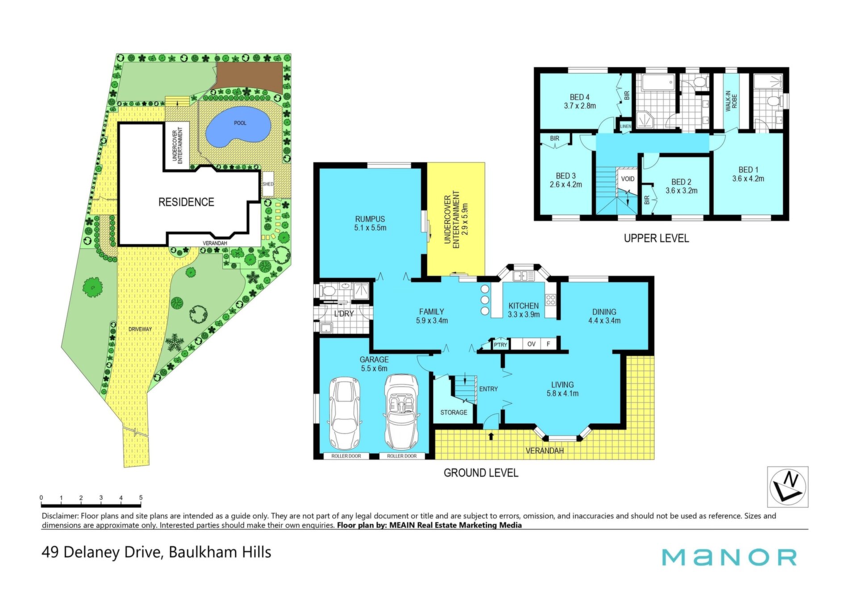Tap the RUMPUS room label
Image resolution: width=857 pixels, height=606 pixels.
(x=370, y=219)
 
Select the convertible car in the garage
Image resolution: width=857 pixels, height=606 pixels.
(x=402, y=412)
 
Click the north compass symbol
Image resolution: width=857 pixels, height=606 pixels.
(x=787, y=487)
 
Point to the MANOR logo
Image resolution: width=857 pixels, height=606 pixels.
(x=729, y=557)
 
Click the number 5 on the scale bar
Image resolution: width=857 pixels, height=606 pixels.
(x=141, y=497)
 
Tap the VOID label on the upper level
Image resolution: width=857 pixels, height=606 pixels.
(x=628, y=179)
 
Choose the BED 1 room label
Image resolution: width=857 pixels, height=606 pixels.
(x=748, y=170)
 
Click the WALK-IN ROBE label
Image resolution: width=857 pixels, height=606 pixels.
(x=731, y=101)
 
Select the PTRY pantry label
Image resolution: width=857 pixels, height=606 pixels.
(x=500, y=345)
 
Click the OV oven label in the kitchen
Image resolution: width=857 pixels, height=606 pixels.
(x=531, y=344)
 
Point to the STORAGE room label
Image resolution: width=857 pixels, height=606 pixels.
(x=453, y=412)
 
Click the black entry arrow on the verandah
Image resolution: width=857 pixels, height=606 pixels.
(x=491, y=436)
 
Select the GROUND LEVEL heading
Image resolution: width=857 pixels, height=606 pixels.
(x=481, y=473)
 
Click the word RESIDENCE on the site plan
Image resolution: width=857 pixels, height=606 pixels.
(x=186, y=202)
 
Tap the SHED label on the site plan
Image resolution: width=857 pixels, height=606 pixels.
(x=268, y=184)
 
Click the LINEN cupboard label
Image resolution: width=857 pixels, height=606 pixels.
(x=626, y=126)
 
